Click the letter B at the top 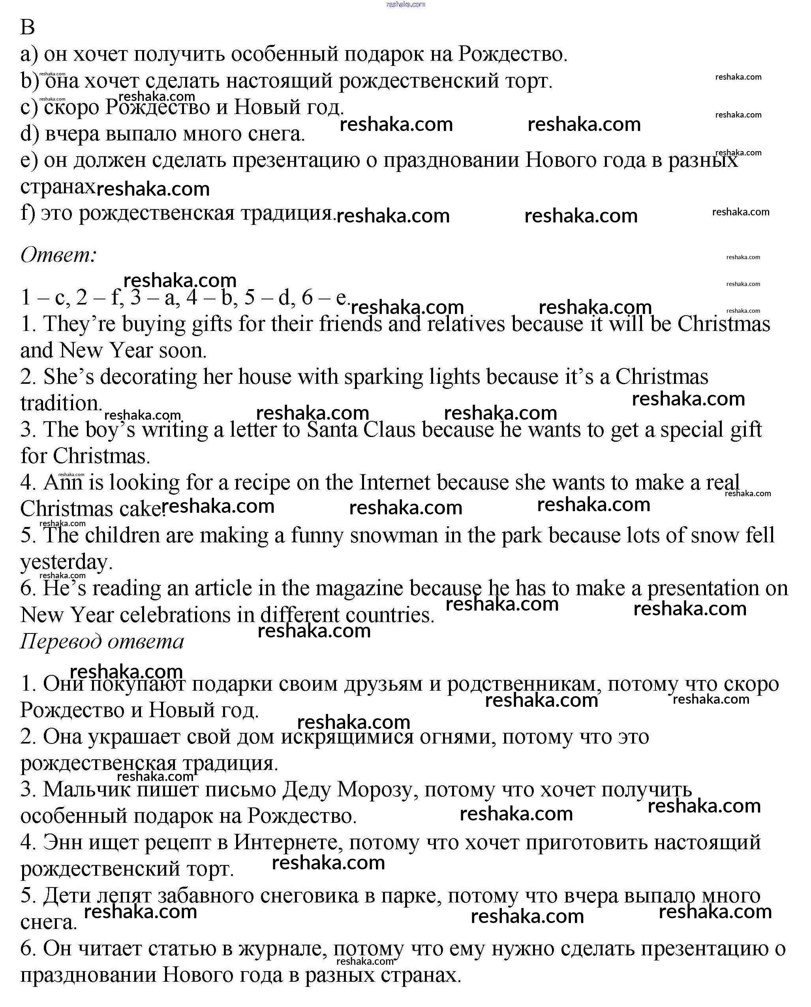coord(28,27)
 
